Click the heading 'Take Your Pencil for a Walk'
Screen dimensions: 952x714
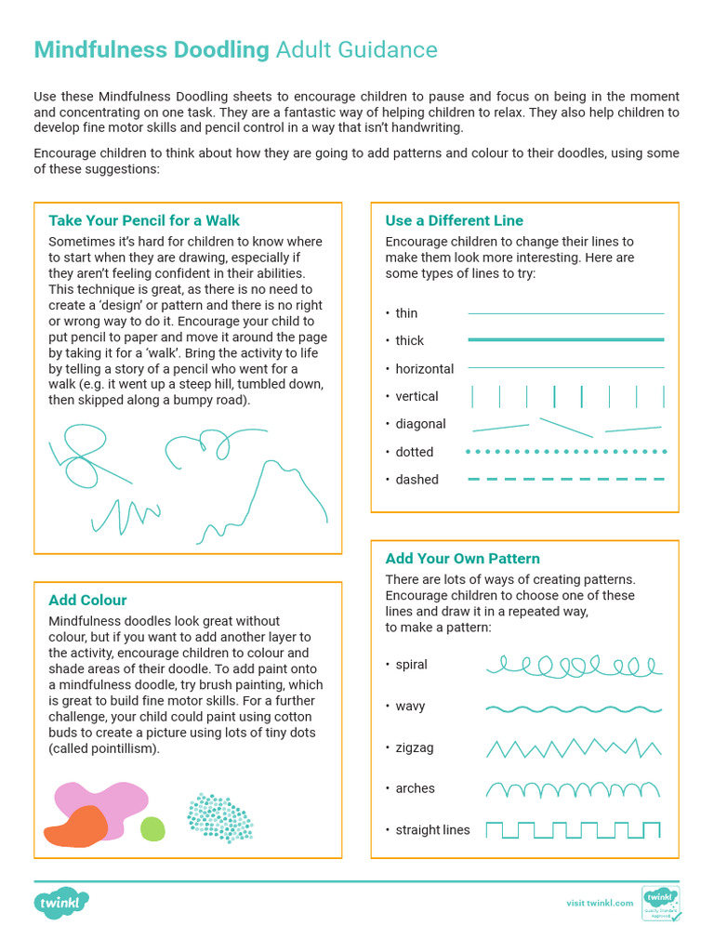click(x=144, y=220)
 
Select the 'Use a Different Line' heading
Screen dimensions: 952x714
click(x=454, y=220)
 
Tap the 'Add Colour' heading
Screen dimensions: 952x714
click(x=87, y=600)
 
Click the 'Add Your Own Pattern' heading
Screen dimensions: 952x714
click(x=462, y=558)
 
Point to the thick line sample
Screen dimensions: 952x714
click(x=565, y=340)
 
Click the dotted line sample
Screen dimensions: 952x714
click(x=565, y=452)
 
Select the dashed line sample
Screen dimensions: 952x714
click(x=565, y=480)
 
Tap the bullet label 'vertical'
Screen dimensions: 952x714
click(x=416, y=396)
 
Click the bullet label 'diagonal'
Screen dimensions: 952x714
click(x=420, y=424)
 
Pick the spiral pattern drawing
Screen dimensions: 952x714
click(x=573, y=666)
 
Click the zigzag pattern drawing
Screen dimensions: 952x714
click(x=573, y=747)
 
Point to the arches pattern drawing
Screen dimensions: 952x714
click(x=573, y=789)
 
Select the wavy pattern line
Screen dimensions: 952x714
click(x=573, y=708)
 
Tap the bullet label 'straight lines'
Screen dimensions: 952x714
click(x=432, y=829)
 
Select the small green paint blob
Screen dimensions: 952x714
click(x=152, y=827)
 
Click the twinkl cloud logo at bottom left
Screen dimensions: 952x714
click(x=61, y=902)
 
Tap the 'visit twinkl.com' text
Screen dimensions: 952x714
click(x=600, y=903)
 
